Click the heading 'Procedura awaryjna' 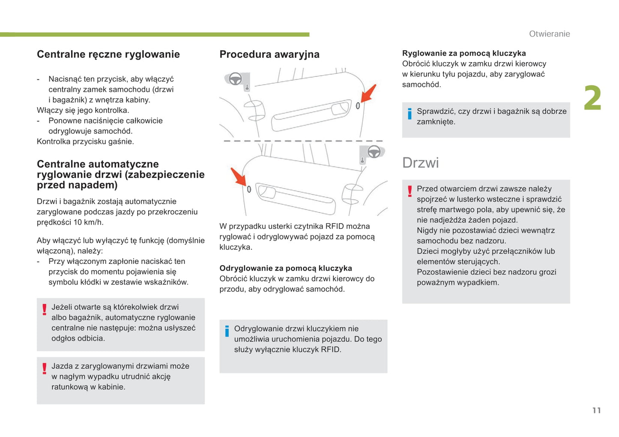coord(269,54)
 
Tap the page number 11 coord(596,410)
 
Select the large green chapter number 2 coord(592,98)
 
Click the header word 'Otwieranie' coord(549,34)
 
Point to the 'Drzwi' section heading coord(420,163)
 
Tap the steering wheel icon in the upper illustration coord(235,79)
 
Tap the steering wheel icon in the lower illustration coord(374,152)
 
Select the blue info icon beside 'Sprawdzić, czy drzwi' coord(410,114)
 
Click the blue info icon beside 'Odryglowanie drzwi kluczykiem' coord(227,331)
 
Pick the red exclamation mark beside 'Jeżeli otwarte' coord(44,309)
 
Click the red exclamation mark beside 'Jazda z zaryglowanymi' coord(44,368)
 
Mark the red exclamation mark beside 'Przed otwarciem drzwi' coord(410,191)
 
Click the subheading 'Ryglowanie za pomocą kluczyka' coord(464,53)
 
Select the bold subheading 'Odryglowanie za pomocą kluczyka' coord(286,268)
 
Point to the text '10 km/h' coord(88,222)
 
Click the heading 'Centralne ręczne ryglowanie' coord(108,54)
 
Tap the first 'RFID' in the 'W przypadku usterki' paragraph coord(335,226)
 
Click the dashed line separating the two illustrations coord(303,141)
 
